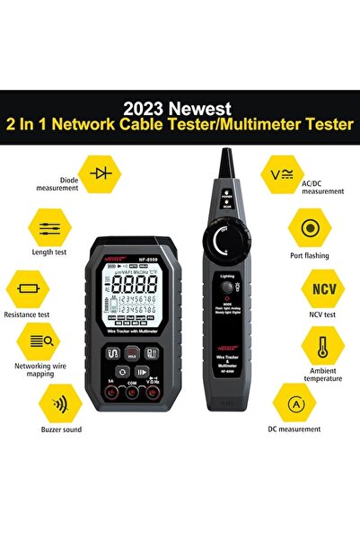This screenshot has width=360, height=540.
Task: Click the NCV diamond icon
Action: coord(322,290)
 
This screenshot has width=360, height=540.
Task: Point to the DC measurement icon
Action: coord(293,403)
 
